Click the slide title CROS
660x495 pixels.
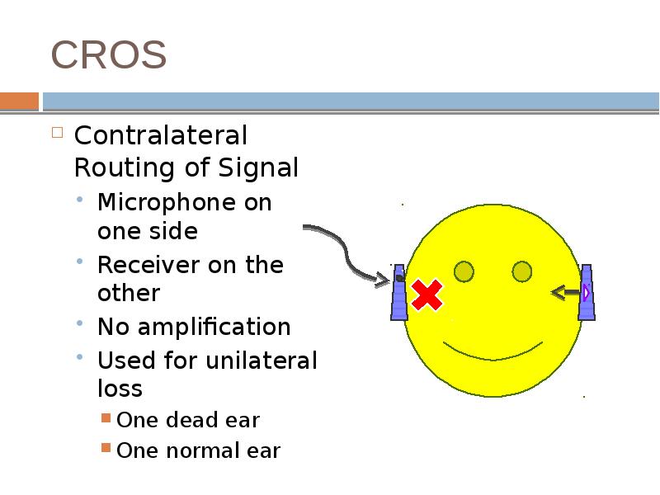point(109,55)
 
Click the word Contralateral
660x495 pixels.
point(160,135)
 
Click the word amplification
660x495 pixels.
point(213,327)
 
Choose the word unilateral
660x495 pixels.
point(263,361)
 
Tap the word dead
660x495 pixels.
point(183,420)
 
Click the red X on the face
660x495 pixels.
point(427,295)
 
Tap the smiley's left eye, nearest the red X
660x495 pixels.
point(464,271)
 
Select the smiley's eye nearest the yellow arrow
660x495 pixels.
point(521,271)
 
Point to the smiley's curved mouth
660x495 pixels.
point(493,351)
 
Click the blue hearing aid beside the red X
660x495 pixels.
point(399,292)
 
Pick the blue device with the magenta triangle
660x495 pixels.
point(587,292)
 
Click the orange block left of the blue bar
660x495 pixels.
point(19,101)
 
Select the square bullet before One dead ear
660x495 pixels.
point(106,419)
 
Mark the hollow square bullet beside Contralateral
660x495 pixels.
point(57,132)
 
